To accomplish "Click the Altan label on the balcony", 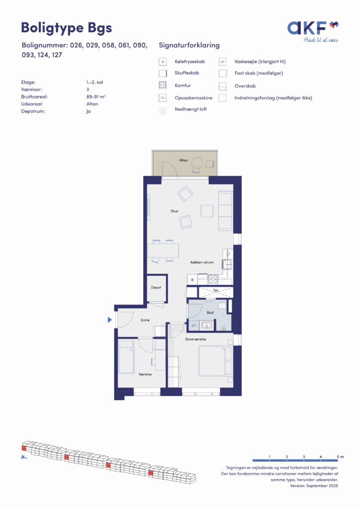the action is point(183,160).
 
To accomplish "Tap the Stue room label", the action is point(175,211).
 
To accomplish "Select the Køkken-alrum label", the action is point(202,262).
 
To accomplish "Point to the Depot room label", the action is point(156,288).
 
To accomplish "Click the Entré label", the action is point(145,320).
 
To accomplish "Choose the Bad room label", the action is point(210,313).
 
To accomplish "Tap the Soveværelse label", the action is point(195,339).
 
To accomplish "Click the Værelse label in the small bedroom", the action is point(145,374).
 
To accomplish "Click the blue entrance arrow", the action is point(110,320).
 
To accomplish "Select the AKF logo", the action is point(313,31).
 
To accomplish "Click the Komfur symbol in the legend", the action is point(163,85).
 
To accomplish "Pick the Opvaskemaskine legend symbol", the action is point(163,98).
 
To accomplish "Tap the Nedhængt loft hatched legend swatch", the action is point(163,110).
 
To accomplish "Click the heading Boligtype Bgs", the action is point(67,28).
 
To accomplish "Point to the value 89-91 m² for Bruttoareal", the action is point(96,97).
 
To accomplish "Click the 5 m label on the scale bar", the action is point(340,457).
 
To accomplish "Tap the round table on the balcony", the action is point(197,162).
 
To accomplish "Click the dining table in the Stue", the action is point(163,251).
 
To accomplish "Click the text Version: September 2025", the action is point(314,486).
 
